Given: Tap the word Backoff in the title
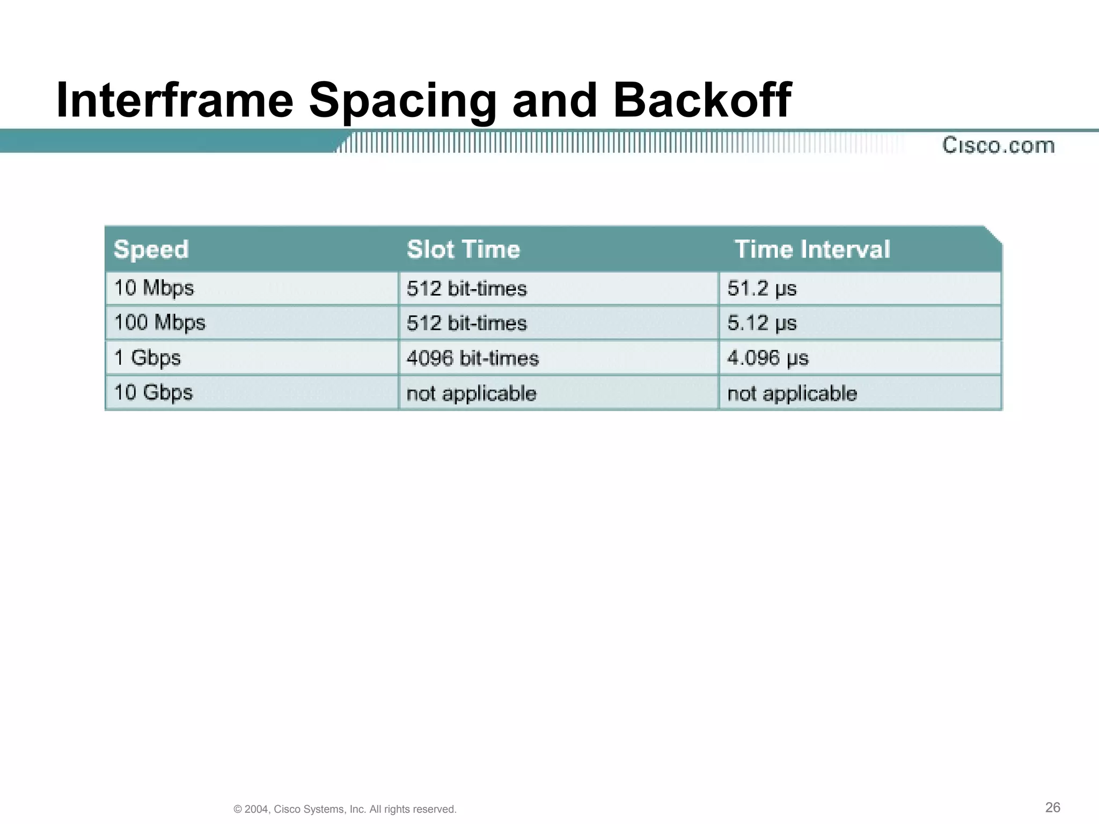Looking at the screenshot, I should [x=702, y=101].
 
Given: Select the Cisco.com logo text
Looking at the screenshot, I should [x=998, y=145].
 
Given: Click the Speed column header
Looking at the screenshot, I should [x=151, y=249].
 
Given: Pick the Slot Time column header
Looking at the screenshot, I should [x=463, y=249].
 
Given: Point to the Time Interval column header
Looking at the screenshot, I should [x=812, y=249].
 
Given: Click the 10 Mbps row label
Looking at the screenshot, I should [x=154, y=288].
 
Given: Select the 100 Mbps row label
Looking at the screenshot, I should [x=160, y=323].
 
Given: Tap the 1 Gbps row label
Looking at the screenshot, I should [x=148, y=358].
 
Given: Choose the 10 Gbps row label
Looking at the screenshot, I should [x=153, y=393].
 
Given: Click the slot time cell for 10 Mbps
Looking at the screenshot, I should [x=467, y=289].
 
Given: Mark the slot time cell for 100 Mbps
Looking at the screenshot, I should [x=467, y=323].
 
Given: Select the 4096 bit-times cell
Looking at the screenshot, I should [x=472, y=358].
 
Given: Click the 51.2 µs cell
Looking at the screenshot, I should [x=762, y=289].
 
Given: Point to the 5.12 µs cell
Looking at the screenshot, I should [x=762, y=323].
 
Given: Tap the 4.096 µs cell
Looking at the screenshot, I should [x=768, y=358].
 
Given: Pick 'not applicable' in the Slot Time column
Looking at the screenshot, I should [x=471, y=394].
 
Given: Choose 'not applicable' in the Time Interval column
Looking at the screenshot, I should [x=792, y=394].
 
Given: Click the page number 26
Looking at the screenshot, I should [x=1053, y=807].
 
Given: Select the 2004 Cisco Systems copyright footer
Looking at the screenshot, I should [x=345, y=809].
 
